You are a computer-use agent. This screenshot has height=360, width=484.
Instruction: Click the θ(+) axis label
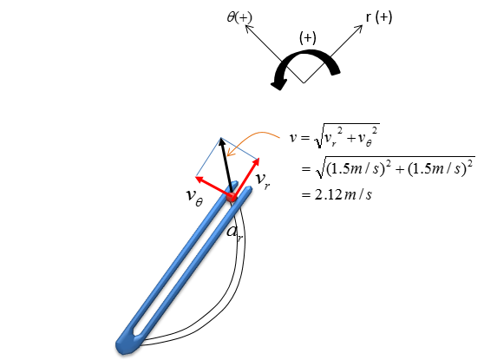coord(239,17)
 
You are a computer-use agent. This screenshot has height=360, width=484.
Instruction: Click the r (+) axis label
coord(379,17)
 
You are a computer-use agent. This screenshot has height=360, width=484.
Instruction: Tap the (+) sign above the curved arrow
coord(308,38)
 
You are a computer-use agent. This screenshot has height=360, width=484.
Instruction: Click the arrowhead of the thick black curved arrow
coord(278,84)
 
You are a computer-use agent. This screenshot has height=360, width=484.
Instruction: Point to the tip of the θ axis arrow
coord(245,25)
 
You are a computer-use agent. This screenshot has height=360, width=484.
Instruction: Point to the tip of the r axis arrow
coord(363,25)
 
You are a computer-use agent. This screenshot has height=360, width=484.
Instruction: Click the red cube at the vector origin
coord(232,196)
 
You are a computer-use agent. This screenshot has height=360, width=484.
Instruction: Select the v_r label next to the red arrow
coord(263,180)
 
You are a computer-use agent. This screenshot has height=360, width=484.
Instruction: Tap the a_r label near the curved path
coord(234,233)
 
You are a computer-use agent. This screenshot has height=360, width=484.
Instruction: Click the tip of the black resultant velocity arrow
coord(220,138)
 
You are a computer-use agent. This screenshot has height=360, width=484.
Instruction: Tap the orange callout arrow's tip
coord(227,155)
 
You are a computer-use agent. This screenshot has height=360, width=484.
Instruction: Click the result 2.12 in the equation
coord(328,195)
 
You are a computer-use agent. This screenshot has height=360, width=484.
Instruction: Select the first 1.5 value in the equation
coord(341,169)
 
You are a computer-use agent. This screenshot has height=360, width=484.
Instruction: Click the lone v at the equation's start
coord(293,137)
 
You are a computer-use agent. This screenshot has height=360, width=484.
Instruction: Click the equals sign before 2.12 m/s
coord(305,195)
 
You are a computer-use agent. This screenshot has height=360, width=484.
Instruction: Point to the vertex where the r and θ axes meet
coord(304,83)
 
